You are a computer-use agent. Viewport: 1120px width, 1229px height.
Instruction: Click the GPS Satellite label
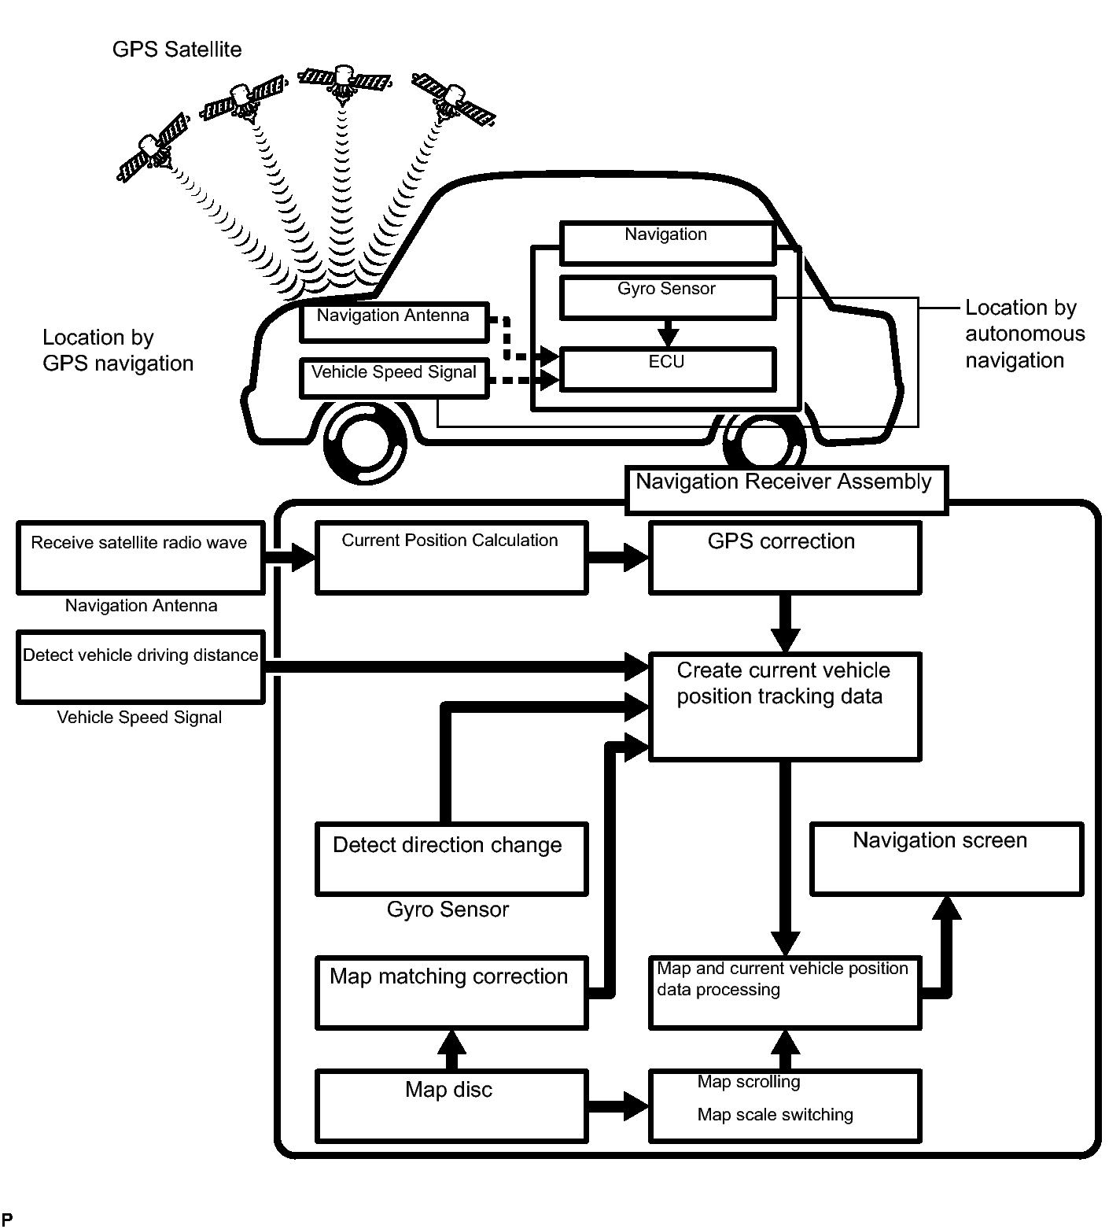tap(177, 50)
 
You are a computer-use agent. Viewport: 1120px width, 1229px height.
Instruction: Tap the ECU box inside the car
tap(667, 368)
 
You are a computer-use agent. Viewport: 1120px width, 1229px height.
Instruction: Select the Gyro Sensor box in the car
tap(667, 296)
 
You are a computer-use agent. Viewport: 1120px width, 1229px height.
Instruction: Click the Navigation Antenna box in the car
tap(394, 322)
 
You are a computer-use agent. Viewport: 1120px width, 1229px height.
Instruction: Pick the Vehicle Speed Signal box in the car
tap(394, 378)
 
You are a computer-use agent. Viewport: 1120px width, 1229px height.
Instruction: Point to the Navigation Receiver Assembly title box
tap(785, 489)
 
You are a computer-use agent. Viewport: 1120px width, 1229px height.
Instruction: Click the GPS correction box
tap(784, 557)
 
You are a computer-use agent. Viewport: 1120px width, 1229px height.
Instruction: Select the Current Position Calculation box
tap(451, 557)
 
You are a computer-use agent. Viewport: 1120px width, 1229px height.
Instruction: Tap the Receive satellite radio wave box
tap(140, 557)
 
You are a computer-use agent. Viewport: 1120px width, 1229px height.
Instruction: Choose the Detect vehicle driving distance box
tap(140, 666)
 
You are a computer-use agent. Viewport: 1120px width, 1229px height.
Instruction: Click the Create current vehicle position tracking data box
tap(784, 706)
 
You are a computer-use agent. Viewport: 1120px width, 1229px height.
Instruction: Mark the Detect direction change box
tap(451, 858)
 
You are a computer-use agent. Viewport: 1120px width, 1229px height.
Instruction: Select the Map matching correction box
tap(451, 992)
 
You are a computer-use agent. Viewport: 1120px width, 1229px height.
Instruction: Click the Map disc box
tap(451, 1105)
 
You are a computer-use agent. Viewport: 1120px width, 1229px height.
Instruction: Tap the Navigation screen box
tap(946, 858)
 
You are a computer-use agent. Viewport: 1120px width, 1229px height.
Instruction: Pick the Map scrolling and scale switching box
tap(784, 1105)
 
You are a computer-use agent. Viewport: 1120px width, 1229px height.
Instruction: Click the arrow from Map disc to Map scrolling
tap(618, 1105)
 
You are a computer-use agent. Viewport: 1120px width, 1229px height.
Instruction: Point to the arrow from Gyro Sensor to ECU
tap(668, 332)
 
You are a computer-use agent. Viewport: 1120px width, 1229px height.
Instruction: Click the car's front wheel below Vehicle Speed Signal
tap(366, 443)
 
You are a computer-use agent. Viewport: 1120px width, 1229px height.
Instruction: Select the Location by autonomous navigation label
tap(1024, 334)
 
